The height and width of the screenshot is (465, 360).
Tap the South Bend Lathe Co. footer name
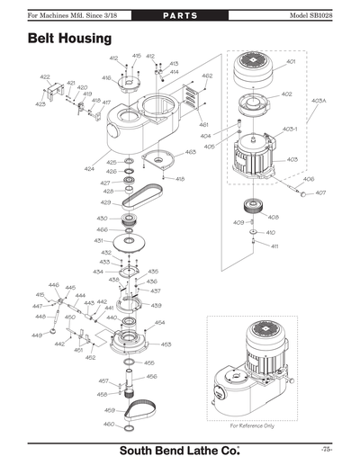(x=180, y=450)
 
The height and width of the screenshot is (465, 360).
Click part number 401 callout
(x=291, y=62)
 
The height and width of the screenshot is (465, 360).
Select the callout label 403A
(x=319, y=102)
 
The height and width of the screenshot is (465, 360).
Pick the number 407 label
(x=320, y=193)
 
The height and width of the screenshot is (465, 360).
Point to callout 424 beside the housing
(x=89, y=169)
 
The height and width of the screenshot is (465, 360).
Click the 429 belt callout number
(x=105, y=202)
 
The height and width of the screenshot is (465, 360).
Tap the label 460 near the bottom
(x=108, y=424)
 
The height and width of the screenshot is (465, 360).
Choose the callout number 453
(x=166, y=344)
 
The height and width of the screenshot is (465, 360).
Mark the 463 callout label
(x=191, y=152)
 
